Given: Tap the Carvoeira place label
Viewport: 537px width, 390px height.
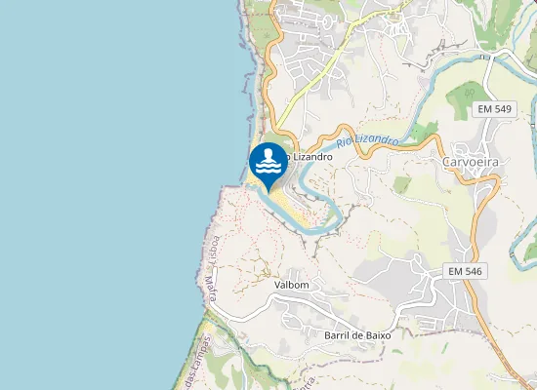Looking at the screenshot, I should tap(471, 161).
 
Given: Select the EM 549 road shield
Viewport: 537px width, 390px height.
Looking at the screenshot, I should tap(496, 109).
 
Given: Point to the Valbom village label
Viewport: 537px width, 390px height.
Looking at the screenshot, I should tap(292, 285).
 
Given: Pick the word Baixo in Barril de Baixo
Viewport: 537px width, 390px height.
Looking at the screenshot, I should tap(376, 334).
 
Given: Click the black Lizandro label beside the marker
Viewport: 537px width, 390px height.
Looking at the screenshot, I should tap(310, 156).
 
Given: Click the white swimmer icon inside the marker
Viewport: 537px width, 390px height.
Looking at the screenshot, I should tap(268, 160).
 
